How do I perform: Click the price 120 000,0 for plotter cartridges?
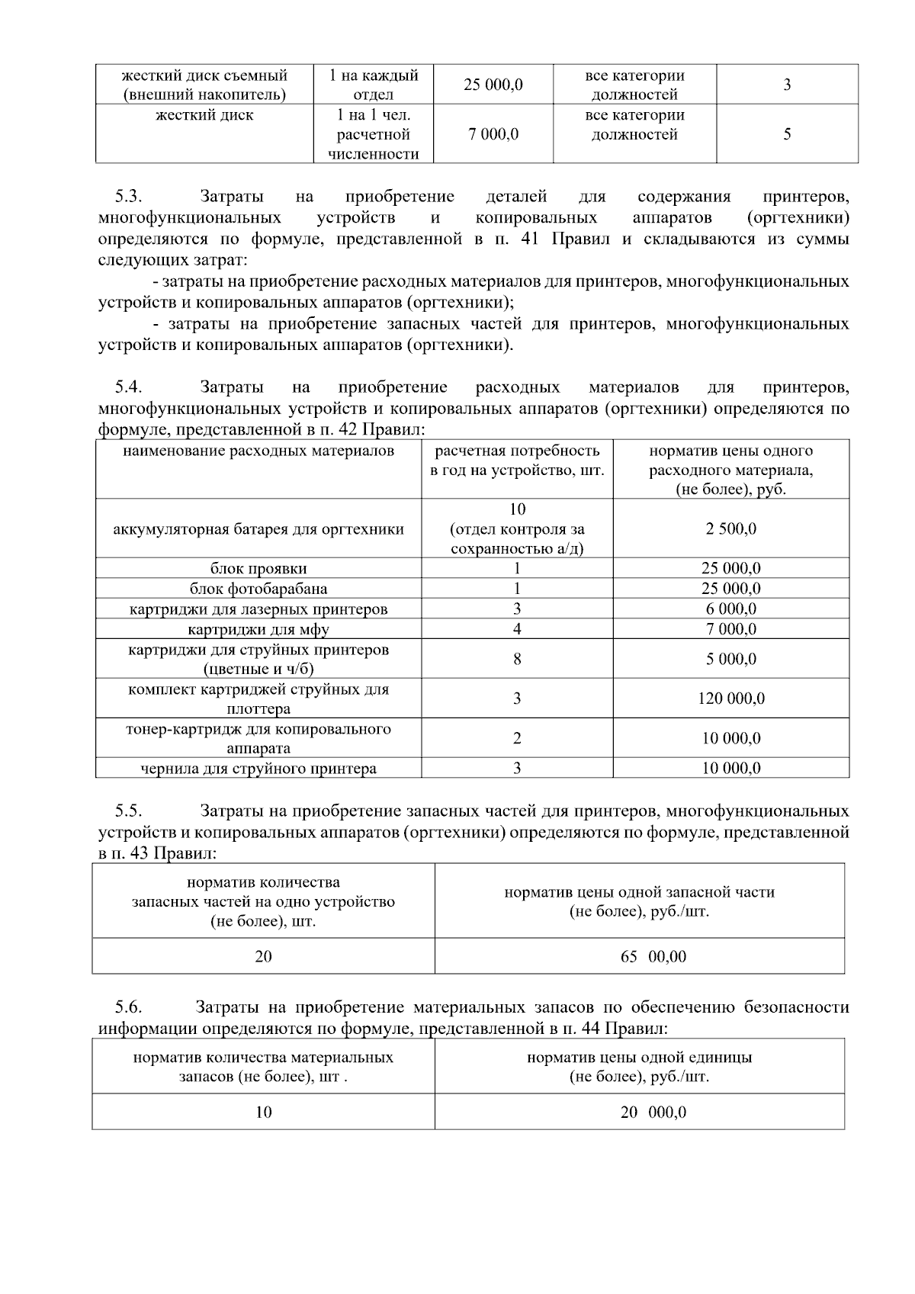click(x=730, y=698)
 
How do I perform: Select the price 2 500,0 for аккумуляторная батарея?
click(x=730, y=528)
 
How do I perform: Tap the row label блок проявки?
click(x=258, y=568)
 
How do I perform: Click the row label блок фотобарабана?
click(x=258, y=589)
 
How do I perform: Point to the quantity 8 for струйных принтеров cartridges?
click(x=517, y=659)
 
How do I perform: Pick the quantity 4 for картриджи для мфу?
click(x=517, y=629)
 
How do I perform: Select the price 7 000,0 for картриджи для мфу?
click(x=730, y=629)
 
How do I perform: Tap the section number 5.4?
click(x=128, y=387)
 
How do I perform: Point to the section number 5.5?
click(x=128, y=811)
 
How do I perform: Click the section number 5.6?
click(x=128, y=1007)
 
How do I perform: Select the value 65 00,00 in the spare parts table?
click(x=653, y=956)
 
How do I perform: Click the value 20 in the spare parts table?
click(x=263, y=956)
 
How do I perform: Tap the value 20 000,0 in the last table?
click(x=653, y=1113)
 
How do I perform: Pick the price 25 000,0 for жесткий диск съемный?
click(x=493, y=85)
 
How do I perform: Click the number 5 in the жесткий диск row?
click(x=787, y=134)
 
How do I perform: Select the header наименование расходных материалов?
click(x=258, y=451)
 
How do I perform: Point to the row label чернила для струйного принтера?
click(x=258, y=769)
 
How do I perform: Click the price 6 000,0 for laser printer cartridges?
click(x=730, y=609)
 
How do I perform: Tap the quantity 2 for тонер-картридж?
click(x=517, y=738)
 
